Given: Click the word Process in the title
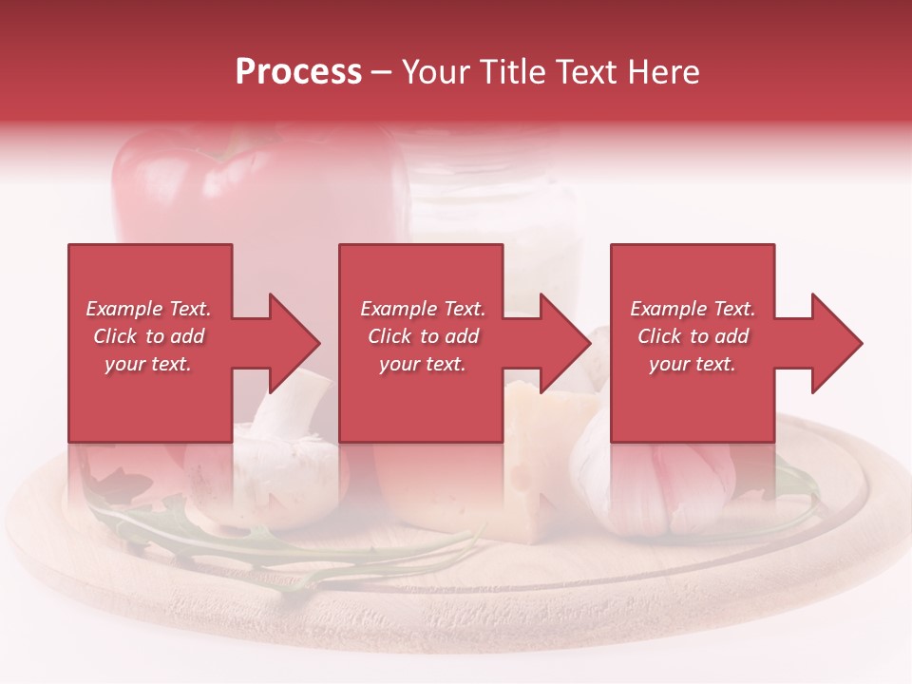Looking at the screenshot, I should click(x=298, y=72).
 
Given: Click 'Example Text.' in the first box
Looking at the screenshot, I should click(x=148, y=309).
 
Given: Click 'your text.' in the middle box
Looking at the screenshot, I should click(x=422, y=364).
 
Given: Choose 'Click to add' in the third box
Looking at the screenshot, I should click(x=693, y=336).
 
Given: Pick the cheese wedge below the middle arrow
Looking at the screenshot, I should click(x=532, y=418).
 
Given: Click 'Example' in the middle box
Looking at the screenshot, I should click(x=392, y=309).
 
